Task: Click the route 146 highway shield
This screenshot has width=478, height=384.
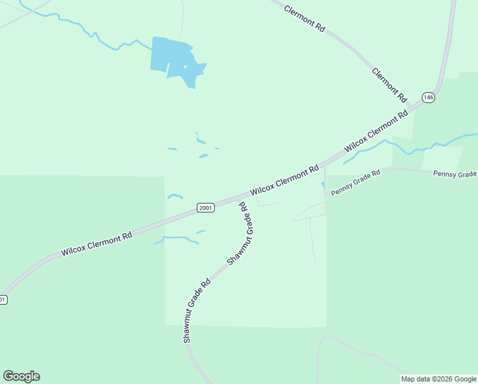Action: pos(428,97)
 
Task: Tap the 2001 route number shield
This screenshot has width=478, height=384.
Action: pos(205,208)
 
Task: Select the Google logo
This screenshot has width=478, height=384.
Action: pos(21,376)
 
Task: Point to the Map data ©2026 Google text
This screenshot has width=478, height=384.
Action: pos(438,379)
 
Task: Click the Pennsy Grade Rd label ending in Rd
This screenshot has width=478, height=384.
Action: pos(355,182)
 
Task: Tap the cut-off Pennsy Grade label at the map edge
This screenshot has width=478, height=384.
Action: pos(455,173)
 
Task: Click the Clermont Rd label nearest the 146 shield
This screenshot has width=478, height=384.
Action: pos(389,85)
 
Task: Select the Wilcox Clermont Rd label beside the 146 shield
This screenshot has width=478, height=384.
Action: pos(376,132)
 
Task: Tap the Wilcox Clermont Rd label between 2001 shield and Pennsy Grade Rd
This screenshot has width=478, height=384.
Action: pos(284,182)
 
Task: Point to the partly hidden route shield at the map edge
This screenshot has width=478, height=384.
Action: pos(3,300)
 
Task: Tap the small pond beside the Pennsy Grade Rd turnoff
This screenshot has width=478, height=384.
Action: pos(323,186)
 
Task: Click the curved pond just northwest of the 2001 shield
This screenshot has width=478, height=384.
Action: pos(175,196)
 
